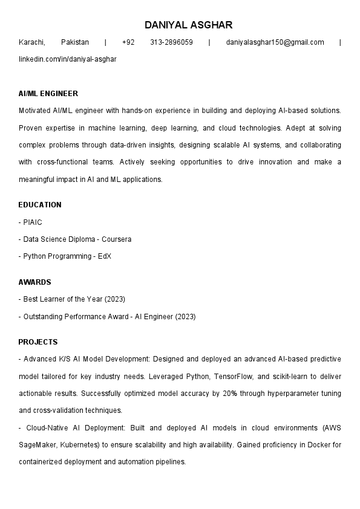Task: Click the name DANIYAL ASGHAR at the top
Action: click(188, 25)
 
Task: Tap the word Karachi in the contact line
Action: click(32, 42)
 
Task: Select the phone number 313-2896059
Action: click(171, 42)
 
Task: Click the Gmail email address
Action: click(275, 42)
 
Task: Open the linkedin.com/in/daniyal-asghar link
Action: click(67, 59)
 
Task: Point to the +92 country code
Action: click(128, 42)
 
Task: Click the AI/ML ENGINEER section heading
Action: click(48, 94)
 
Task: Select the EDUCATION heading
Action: click(40, 205)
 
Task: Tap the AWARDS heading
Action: click(34, 282)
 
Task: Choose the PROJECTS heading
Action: click(38, 342)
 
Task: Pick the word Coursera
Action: click(116, 239)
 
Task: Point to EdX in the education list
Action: click(104, 256)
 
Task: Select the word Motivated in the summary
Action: click(34, 111)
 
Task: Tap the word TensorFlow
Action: click(233, 377)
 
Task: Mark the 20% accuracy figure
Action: click(213, 394)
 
